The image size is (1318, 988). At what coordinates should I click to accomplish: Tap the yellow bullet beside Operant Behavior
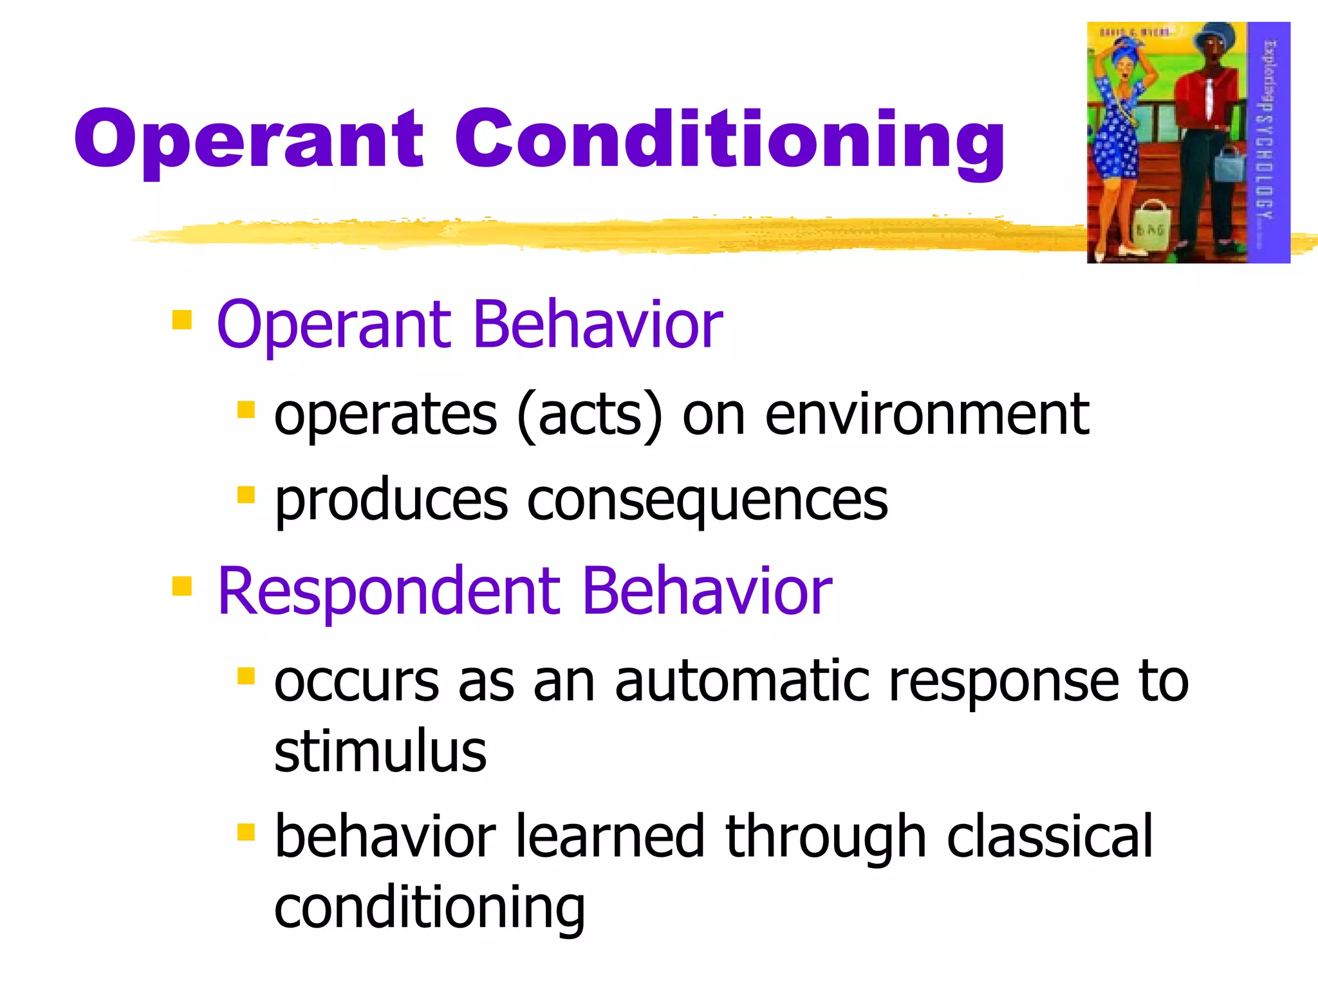coord(182,320)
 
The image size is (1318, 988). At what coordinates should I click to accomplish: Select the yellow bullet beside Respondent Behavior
coord(182,586)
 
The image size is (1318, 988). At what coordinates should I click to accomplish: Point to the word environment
coord(927,415)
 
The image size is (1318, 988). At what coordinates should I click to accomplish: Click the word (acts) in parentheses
coord(589,416)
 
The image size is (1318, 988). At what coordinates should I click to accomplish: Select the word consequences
coord(708,502)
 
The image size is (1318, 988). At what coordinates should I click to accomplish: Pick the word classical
coord(1050,836)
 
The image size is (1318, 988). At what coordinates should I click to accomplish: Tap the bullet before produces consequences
coord(246,495)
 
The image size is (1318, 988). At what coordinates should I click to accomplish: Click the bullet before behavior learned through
coord(246,832)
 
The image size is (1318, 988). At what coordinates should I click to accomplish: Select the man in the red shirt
coord(1207,129)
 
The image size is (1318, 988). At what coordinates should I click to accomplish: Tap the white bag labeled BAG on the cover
coord(1150,225)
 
